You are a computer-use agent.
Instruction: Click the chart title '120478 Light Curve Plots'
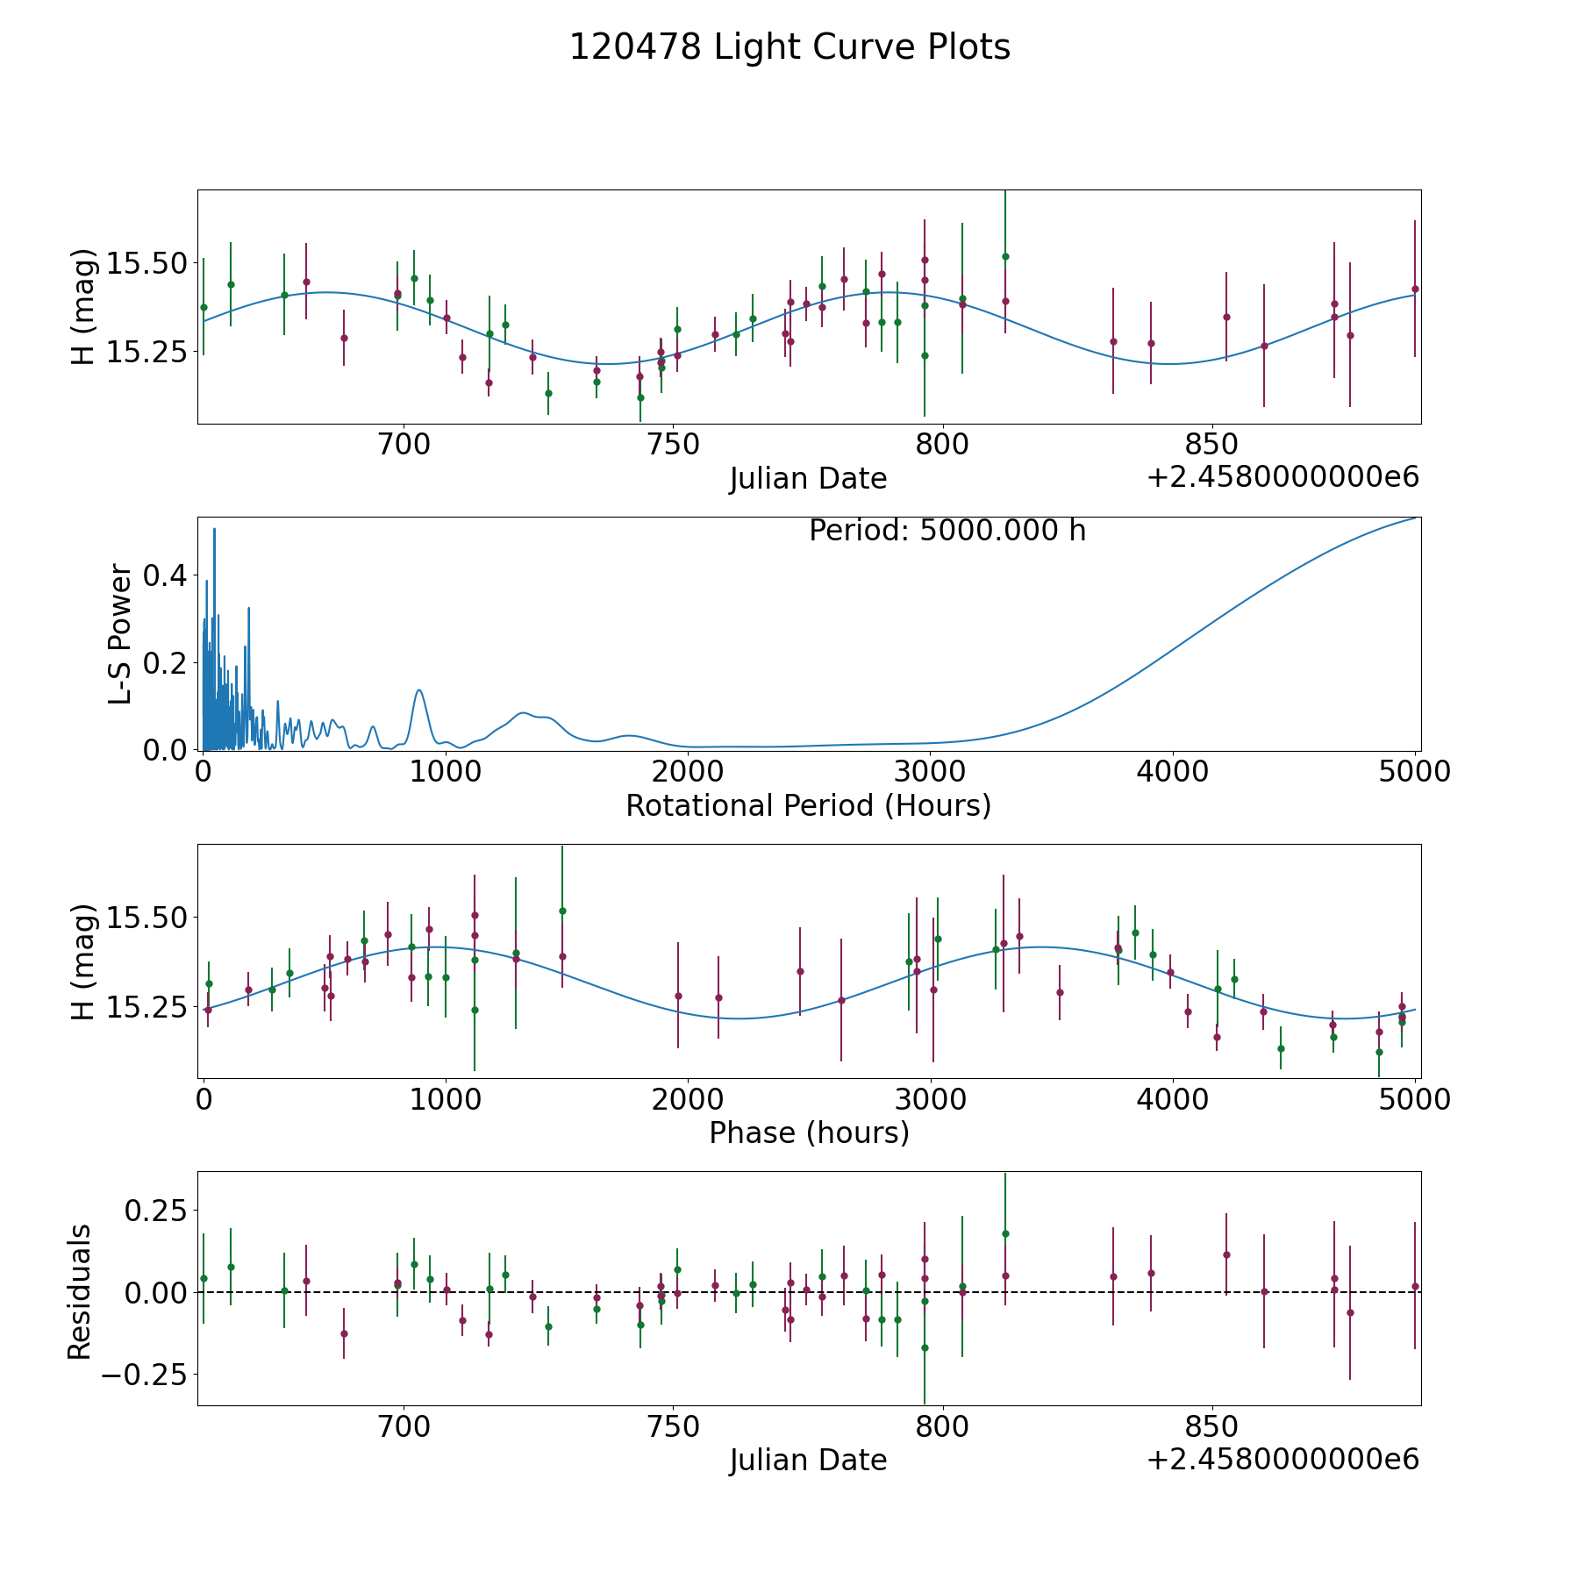[789, 47]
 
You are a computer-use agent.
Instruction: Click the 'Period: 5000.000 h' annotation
[947, 531]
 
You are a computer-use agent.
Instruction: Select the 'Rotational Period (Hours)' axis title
[808, 805]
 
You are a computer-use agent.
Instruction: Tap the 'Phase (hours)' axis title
[808, 1132]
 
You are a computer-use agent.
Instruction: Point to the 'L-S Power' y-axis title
[120, 634]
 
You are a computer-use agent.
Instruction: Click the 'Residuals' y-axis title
[80, 1291]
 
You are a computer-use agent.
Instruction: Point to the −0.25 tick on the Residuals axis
[145, 1374]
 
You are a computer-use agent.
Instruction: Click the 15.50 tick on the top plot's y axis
[145, 263]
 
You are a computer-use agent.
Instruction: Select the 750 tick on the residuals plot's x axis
[673, 1426]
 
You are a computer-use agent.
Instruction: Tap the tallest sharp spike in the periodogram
[214, 530]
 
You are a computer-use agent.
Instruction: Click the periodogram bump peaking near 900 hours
[419, 691]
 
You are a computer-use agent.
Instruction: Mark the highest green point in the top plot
[1005, 256]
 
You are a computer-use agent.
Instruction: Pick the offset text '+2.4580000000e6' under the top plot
[1282, 477]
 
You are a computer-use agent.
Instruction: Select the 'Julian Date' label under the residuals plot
[808, 1460]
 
